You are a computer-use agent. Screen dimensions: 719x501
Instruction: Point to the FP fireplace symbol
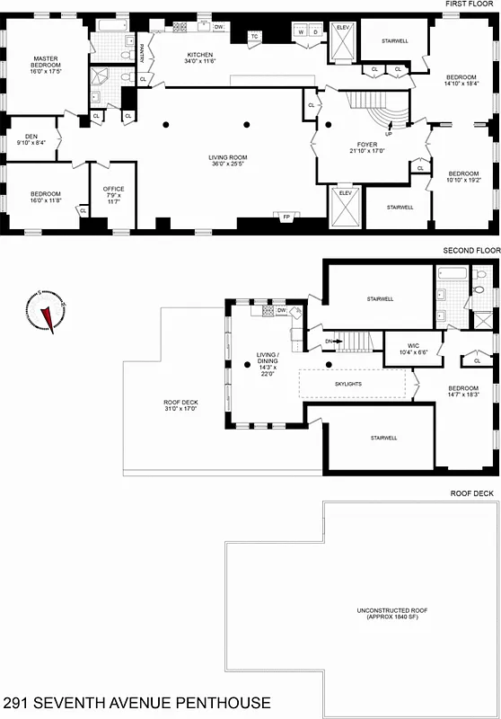click(x=286, y=217)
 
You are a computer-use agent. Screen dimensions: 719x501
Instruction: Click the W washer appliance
click(x=301, y=32)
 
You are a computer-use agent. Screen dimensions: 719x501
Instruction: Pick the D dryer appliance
click(x=315, y=32)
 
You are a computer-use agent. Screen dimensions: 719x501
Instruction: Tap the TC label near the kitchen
click(x=255, y=36)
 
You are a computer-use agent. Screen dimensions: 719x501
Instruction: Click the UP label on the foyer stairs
click(x=388, y=133)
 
